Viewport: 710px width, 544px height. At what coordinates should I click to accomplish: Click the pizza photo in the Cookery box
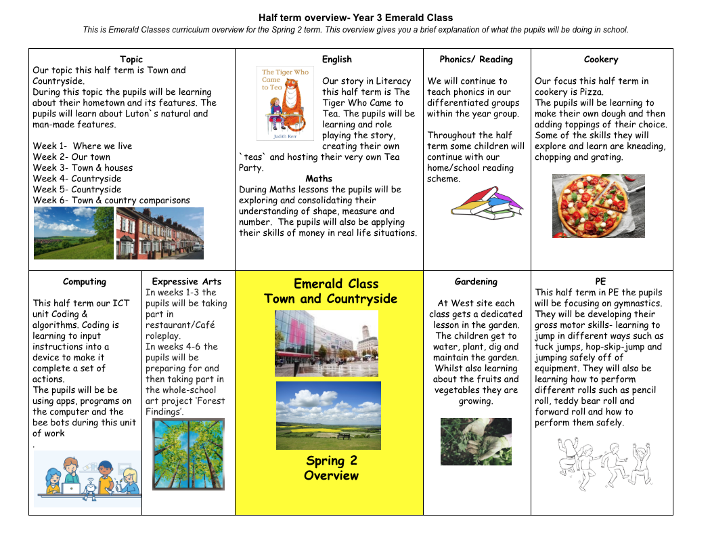pos(598,206)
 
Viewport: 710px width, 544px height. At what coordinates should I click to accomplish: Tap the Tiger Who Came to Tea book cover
pos(285,104)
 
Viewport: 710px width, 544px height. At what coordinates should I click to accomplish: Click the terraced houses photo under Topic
pos(160,233)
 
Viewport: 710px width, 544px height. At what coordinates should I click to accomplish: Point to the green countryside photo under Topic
pos(74,233)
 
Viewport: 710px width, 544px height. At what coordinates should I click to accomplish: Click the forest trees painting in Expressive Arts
pos(188,454)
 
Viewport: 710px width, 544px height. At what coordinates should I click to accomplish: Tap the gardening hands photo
pos(476,441)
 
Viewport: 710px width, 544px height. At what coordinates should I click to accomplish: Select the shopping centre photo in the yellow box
pos(326,343)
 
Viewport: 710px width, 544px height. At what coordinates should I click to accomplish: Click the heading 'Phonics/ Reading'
pos(476,60)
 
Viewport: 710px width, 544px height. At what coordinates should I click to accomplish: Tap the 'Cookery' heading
pos(601,60)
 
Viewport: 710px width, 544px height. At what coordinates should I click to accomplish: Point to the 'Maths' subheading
pos(319,179)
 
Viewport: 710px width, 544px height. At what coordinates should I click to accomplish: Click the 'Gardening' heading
pos(476,282)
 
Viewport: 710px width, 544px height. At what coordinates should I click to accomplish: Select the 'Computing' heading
pos(85,282)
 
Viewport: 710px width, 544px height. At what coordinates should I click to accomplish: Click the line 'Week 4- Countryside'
pos(77,179)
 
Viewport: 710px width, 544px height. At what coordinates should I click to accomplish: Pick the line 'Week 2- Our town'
pos(72,157)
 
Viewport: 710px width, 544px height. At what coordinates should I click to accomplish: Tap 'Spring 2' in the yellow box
pos(332,461)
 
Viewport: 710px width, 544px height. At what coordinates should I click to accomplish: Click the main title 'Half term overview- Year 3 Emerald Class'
pos(356,18)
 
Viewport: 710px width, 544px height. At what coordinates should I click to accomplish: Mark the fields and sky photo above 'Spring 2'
pos(328,415)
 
